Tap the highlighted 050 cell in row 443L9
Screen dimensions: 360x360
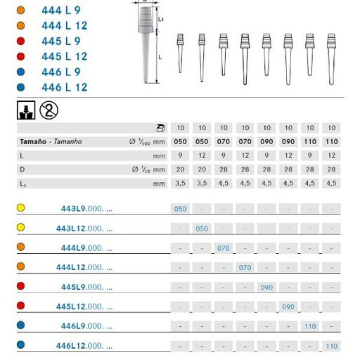[181, 210]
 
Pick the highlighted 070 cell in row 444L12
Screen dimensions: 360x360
[245, 268]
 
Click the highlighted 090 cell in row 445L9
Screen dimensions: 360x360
[266, 288]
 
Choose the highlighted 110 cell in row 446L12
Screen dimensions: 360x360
[331, 346]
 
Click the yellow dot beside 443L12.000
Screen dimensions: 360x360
[20, 228]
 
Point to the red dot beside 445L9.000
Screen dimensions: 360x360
[20, 287]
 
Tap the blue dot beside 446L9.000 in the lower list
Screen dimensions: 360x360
[20, 326]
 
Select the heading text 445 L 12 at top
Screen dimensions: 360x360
[65, 56]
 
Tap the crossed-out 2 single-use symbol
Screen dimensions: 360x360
[50, 109]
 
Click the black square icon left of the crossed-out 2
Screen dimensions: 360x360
[27, 110]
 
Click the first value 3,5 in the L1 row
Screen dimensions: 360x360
[181, 183]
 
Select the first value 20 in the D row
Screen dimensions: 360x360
[181, 169]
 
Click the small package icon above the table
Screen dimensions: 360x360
[160, 127]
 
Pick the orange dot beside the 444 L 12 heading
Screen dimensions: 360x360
[20, 25]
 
